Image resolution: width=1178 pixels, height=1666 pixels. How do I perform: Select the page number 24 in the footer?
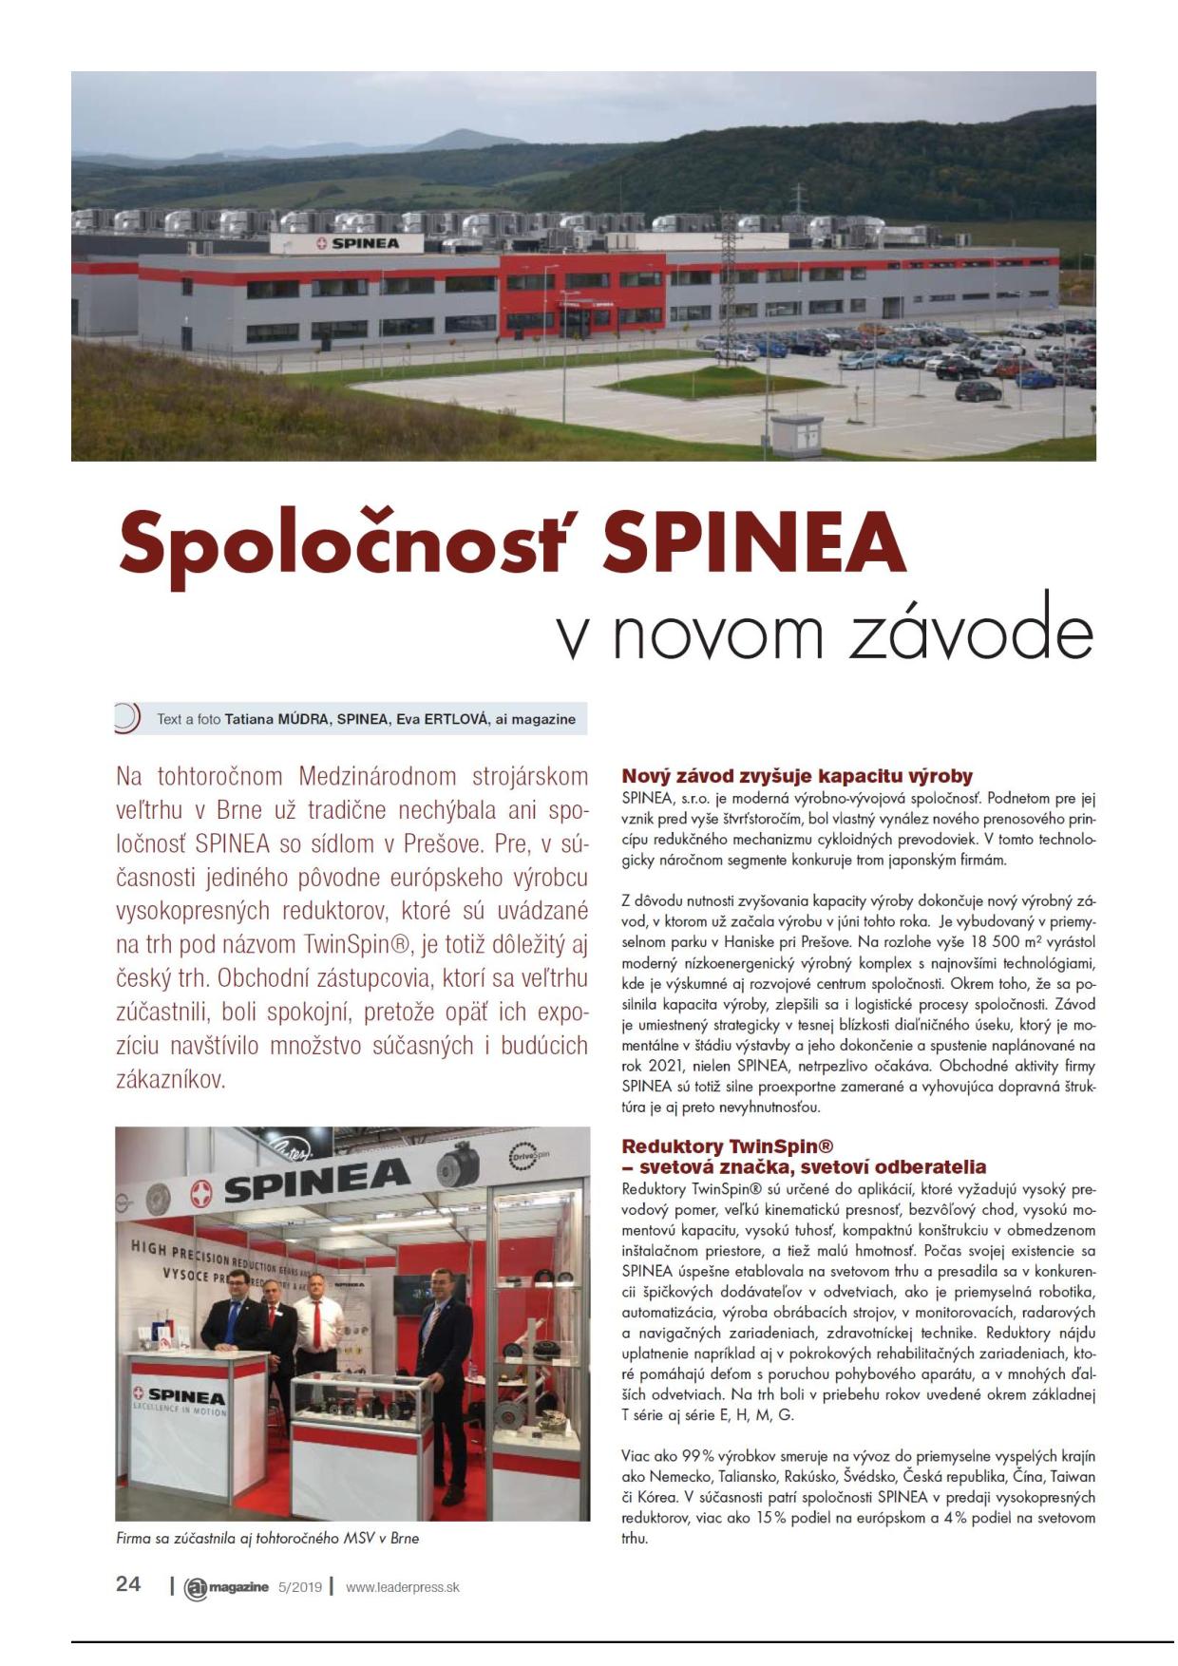coord(128,1583)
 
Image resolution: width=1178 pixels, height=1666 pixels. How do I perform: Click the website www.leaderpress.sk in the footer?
coord(402,1586)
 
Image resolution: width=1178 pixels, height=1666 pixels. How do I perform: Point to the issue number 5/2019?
coord(299,1586)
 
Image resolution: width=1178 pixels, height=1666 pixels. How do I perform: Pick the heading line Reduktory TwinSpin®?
coord(727,1145)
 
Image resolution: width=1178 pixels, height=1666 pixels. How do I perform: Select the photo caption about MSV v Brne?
coord(267,1538)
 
